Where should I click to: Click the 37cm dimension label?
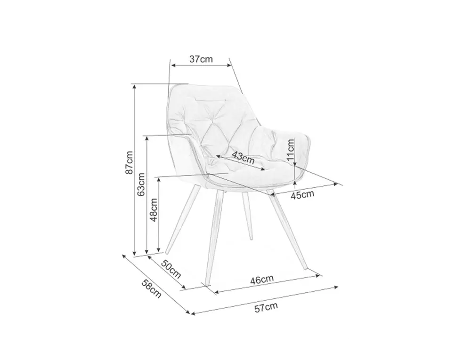pos(201,59)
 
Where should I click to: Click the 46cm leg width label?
pos(262,280)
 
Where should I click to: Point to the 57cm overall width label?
pos(266,308)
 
